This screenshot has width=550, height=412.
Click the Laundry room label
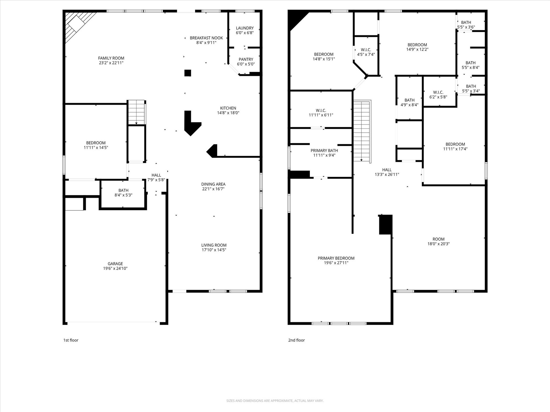tap(245, 28)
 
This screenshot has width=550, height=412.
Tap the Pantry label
tap(246, 59)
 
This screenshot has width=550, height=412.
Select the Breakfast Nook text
tap(206, 38)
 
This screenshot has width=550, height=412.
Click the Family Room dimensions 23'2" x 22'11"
tap(111, 63)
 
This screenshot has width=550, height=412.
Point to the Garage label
tap(115, 264)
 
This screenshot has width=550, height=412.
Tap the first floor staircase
tap(136, 112)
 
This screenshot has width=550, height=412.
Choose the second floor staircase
tap(362, 131)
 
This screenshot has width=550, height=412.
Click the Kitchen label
tap(228, 108)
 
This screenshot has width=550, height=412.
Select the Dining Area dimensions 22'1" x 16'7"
tap(213, 189)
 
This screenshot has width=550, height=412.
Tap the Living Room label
tap(214, 245)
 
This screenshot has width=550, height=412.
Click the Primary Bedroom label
tap(336, 258)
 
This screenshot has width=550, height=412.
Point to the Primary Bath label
tap(324, 150)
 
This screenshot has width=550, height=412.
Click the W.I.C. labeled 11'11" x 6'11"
tap(321, 113)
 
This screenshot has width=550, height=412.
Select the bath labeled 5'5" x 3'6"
tap(466, 25)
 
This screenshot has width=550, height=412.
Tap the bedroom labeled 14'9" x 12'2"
tap(417, 47)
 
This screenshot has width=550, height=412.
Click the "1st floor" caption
tap(71, 340)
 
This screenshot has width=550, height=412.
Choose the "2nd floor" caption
tap(296, 340)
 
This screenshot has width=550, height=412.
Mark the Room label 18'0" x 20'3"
tap(439, 241)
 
